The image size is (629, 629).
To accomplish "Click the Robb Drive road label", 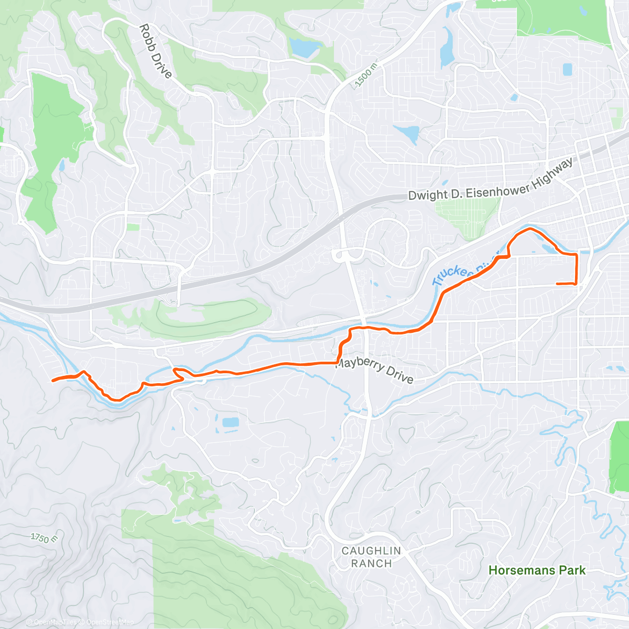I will coord(156,51).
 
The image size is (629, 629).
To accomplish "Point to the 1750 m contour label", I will coord(44,538).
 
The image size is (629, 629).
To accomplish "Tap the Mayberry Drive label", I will coord(374,370).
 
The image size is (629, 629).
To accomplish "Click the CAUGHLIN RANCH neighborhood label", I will coord(371,557).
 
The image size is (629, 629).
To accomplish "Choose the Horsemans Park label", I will coord(537,570).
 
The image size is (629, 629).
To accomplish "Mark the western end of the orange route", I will coord(53,381).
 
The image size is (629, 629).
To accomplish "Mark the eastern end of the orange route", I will coord(557,284).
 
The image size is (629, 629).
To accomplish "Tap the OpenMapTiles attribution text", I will coord(56,622).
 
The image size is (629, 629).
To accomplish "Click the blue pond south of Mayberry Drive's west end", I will coord(230,422).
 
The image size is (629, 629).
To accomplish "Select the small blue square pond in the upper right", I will coord(567,69).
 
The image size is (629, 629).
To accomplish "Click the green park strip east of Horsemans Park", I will coord(619,456).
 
